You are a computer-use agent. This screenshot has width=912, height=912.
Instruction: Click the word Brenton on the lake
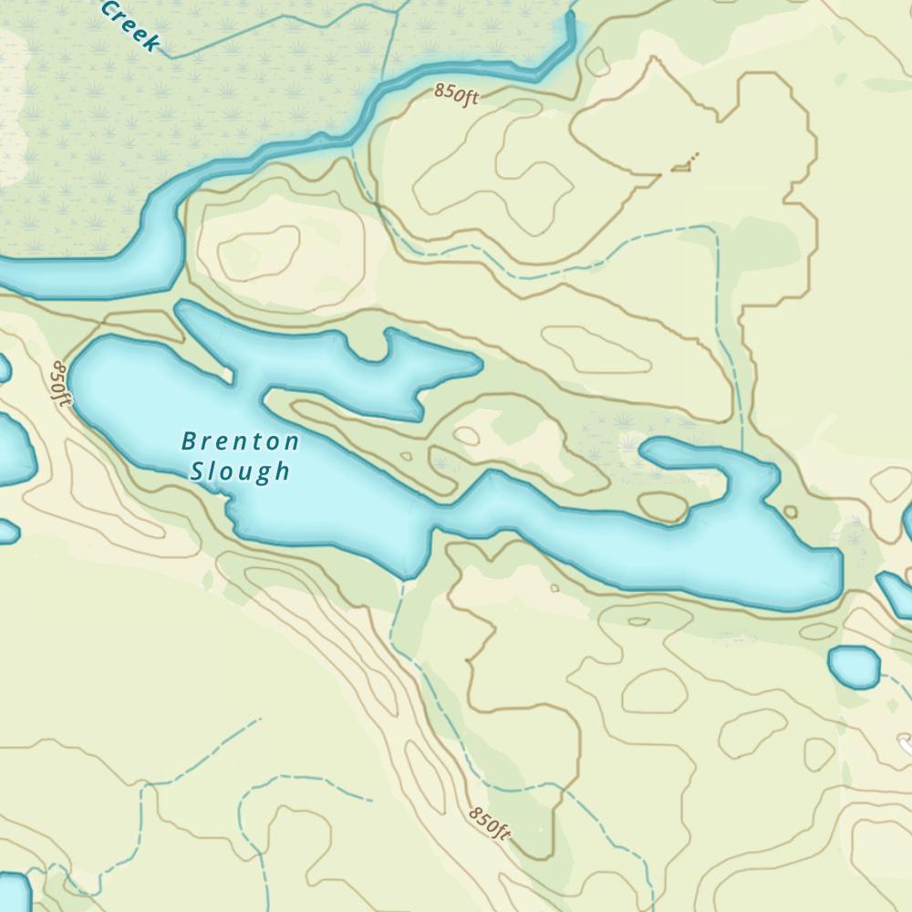240,442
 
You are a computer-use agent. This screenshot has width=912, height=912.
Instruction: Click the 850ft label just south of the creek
456,94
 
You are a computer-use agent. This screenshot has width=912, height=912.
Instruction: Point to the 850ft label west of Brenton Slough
59,383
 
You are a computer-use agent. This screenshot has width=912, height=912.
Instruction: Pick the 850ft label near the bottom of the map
489,823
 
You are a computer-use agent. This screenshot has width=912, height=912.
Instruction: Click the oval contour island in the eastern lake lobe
662,507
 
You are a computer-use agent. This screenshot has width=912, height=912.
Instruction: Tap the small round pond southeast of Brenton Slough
855,666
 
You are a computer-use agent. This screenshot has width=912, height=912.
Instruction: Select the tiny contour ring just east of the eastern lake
790,512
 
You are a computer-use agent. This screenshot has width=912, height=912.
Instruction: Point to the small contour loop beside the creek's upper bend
597,62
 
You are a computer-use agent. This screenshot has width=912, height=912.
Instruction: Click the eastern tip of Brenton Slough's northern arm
480,365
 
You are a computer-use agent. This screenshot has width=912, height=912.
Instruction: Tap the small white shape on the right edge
907,745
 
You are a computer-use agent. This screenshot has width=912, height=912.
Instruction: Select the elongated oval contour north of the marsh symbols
597,350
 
